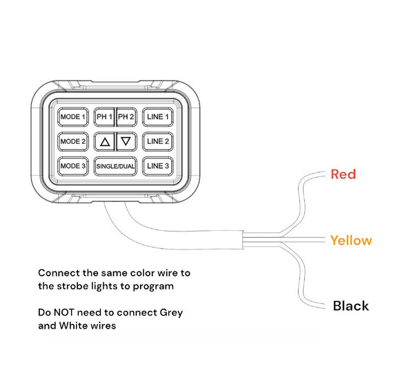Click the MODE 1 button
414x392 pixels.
pos(73,117)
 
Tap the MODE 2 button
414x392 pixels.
pos(73,141)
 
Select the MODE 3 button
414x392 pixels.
pos(73,166)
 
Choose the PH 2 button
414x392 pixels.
pos(126,117)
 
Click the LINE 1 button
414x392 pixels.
pos(158,117)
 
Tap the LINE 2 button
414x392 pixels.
pos(158,141)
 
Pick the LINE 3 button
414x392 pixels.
pos(158,166)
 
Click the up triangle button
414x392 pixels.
pos(105,141)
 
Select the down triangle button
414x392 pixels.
pos(126,141)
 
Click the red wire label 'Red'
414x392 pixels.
pos(343,174)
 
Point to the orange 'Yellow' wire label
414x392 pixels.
pos(351,240)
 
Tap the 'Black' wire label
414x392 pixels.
pos(351,306)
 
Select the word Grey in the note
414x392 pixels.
pos(171,313)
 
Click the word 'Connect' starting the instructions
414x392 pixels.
pos(59,273)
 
